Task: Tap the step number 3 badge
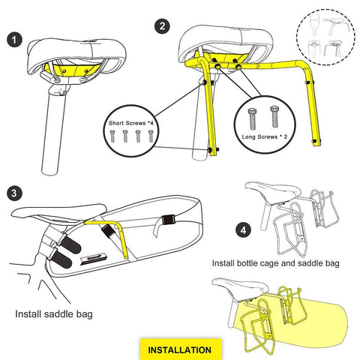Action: [x=13, y=193]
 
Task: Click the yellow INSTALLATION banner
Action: [x=179, y=349]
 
